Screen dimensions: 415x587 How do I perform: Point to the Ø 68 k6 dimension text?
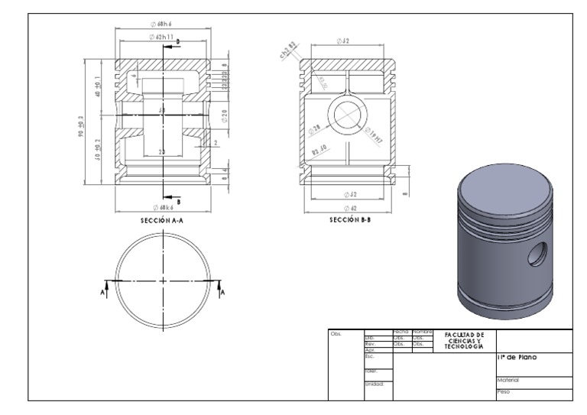161,207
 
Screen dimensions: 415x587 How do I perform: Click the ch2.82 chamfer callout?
287,51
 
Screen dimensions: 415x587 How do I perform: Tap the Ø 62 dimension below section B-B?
350,207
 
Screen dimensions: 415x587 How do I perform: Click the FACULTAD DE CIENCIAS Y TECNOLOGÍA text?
465,340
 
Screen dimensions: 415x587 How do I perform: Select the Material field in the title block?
508,379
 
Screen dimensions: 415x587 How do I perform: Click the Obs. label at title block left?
336,333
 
